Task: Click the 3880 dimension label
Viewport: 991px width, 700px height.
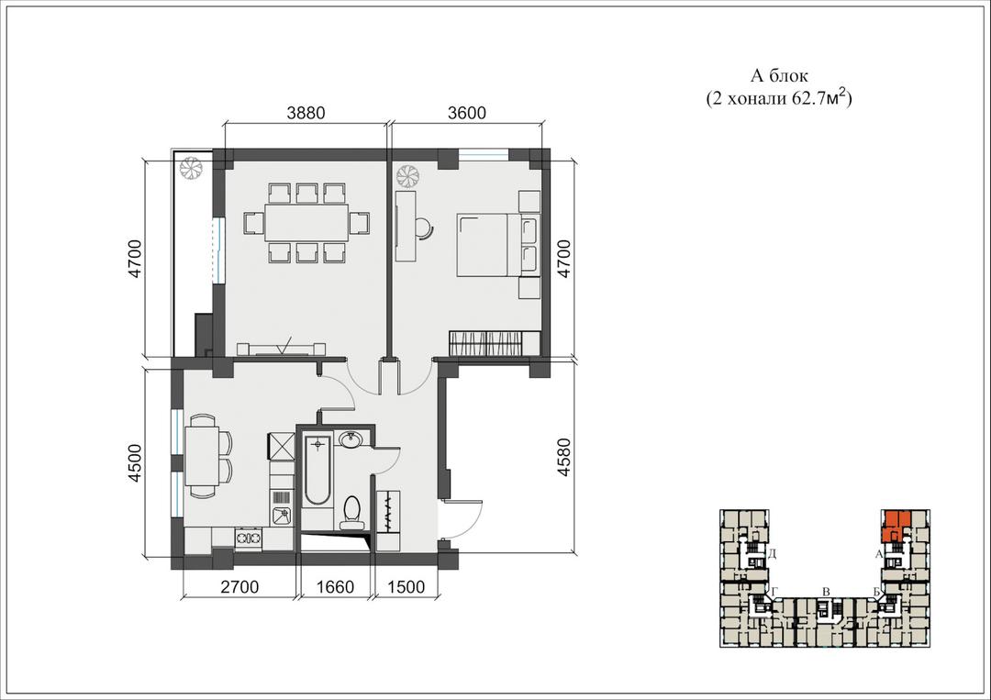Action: click(306, 113)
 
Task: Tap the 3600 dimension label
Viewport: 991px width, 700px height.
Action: click(467, 113)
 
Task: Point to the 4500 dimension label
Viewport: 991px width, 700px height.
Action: click(135, 463)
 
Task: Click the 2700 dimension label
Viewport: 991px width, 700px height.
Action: click(239, 587)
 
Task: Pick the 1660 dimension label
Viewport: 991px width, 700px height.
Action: click(335, 587)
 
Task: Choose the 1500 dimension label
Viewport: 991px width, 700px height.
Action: click(406, 587)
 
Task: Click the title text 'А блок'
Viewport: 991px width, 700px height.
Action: click(779, 76)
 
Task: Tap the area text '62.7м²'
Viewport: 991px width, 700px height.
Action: click(818, 99)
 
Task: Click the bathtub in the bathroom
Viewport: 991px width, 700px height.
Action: click(317, 470)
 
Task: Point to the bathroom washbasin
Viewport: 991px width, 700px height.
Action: click(351, 439)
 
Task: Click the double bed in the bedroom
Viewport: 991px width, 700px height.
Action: click(497, 245)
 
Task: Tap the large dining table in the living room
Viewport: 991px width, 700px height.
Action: click(306, 222)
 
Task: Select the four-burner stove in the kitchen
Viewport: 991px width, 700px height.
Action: click(249, 538)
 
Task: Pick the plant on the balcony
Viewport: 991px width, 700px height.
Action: click(190, 169)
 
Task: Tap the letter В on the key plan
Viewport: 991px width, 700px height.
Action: click(826, 592)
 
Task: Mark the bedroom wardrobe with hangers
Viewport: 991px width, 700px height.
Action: click(486, 343)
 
